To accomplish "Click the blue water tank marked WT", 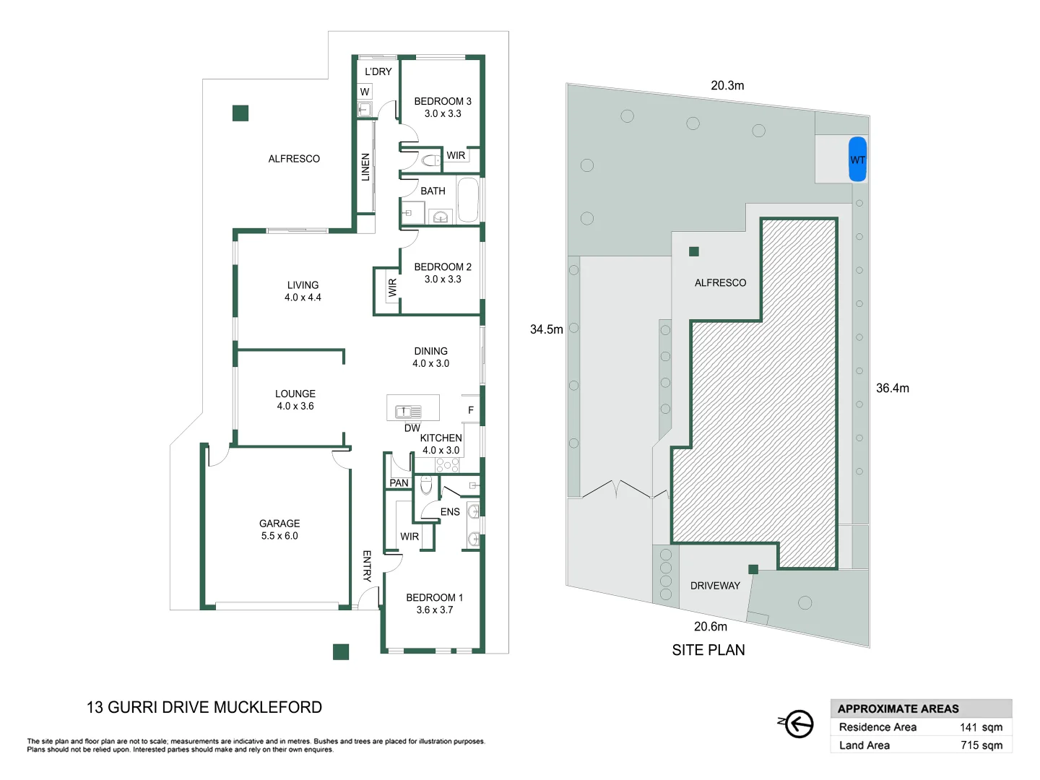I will pyautogui.click(x=857, y=159).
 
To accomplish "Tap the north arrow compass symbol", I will pyautogui.click(x=797, y=723).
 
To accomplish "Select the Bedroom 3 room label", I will pyautogui.click(x=443, y=102).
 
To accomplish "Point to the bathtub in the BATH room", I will pyautogui.click(x=468, y=199).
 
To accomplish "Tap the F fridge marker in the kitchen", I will pyautogui.click(x=471, y=410).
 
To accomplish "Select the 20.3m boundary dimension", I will pyautogui.click(x=727, y=85).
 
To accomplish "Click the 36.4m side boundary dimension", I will pyautogui.click(x=893, y=388).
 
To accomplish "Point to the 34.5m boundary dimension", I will pyautogui.click(x=546, y=329).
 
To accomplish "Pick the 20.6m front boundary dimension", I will pyautogui.click(x=711, y=626).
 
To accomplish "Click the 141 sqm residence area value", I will pyautogui.click(x=981, y=727).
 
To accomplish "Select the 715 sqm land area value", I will pyautogui.click(x=981, y=745).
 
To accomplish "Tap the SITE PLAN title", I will pyautogui.click(x=708, y=650).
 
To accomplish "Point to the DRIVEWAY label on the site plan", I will pyautogui.click(x=715, y=586).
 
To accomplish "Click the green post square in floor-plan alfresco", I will pyautogui.click(x=240, y=113).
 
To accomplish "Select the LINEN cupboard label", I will pyautogui.click(x=365, y=167).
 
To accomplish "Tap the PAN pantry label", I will pyautogui.click(x=399, y=482).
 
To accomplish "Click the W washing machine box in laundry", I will pyautogui.click(x=365, y=92).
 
